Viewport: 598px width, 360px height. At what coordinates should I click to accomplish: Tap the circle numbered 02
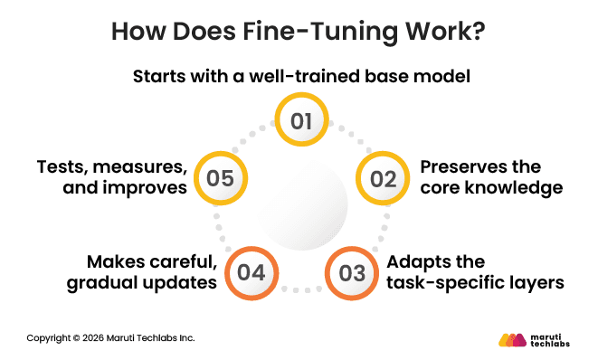(384, 178)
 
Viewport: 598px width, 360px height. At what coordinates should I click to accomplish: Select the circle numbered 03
(351, 271)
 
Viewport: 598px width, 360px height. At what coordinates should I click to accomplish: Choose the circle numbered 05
(220, 178)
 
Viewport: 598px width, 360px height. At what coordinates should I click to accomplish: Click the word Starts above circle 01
(161, 77)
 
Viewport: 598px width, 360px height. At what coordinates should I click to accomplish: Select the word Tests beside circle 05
(62, 167)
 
